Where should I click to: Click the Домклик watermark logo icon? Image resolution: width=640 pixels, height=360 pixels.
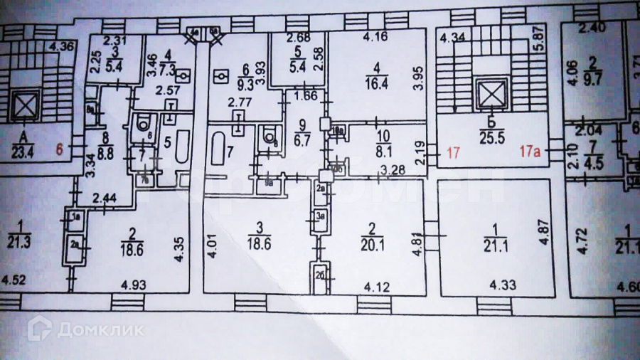[x=39, y=328]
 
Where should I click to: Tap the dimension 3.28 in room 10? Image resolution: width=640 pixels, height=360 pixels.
[x=393, y=170]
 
